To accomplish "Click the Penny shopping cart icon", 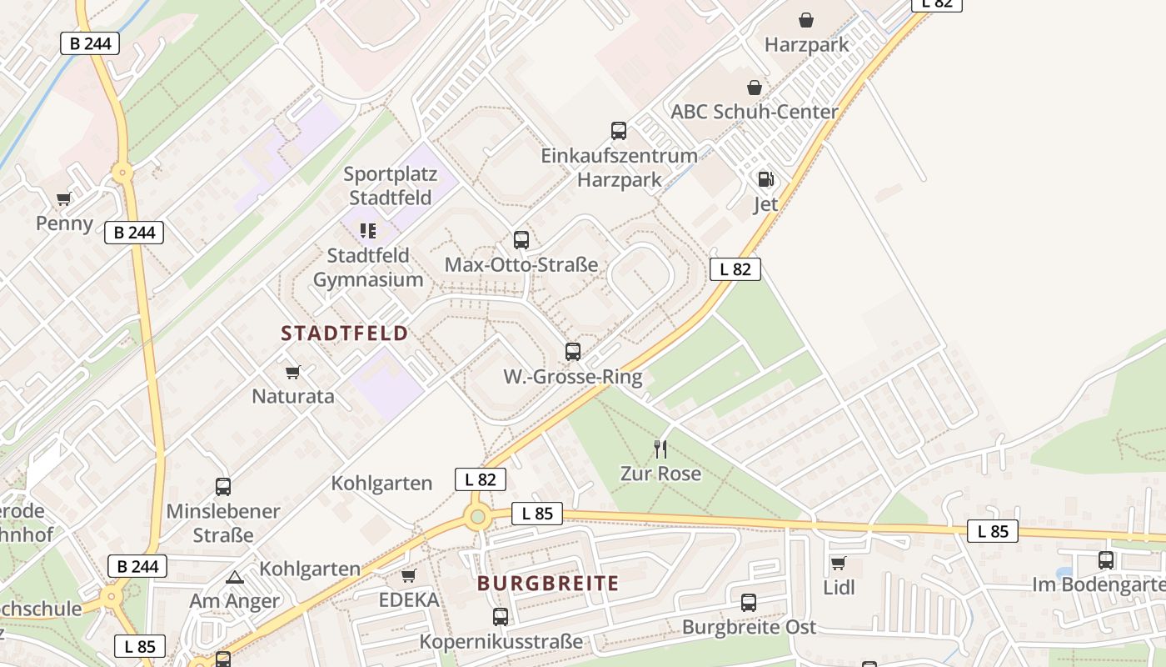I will pos(64,198).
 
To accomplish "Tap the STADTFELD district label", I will pos(345,334).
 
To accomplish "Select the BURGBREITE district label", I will pos(548,584).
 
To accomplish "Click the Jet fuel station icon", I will pos(765,178).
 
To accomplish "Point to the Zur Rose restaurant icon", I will pos(660,449).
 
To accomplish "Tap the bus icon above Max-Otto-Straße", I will pos(521,240).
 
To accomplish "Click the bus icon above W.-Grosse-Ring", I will pos(573,352).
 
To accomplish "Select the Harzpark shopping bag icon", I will pos(806,20).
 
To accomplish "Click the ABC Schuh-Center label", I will pos(755,112).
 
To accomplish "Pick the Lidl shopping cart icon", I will pos(839,563).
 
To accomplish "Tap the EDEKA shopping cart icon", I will pos(409,575).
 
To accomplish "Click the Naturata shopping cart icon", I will pos(292,372).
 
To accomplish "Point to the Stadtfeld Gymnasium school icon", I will pos(368,230).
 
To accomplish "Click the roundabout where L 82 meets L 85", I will pos(477,517).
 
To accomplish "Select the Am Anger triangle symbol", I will pos(235,577).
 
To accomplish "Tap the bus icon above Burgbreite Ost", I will pos(749,602).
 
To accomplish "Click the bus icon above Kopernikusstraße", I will pos(501,617).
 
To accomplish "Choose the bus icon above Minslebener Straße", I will pos(223,486).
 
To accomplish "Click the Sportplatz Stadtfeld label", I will pos(390,186).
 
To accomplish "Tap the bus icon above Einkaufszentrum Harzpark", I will pos(619,130).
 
